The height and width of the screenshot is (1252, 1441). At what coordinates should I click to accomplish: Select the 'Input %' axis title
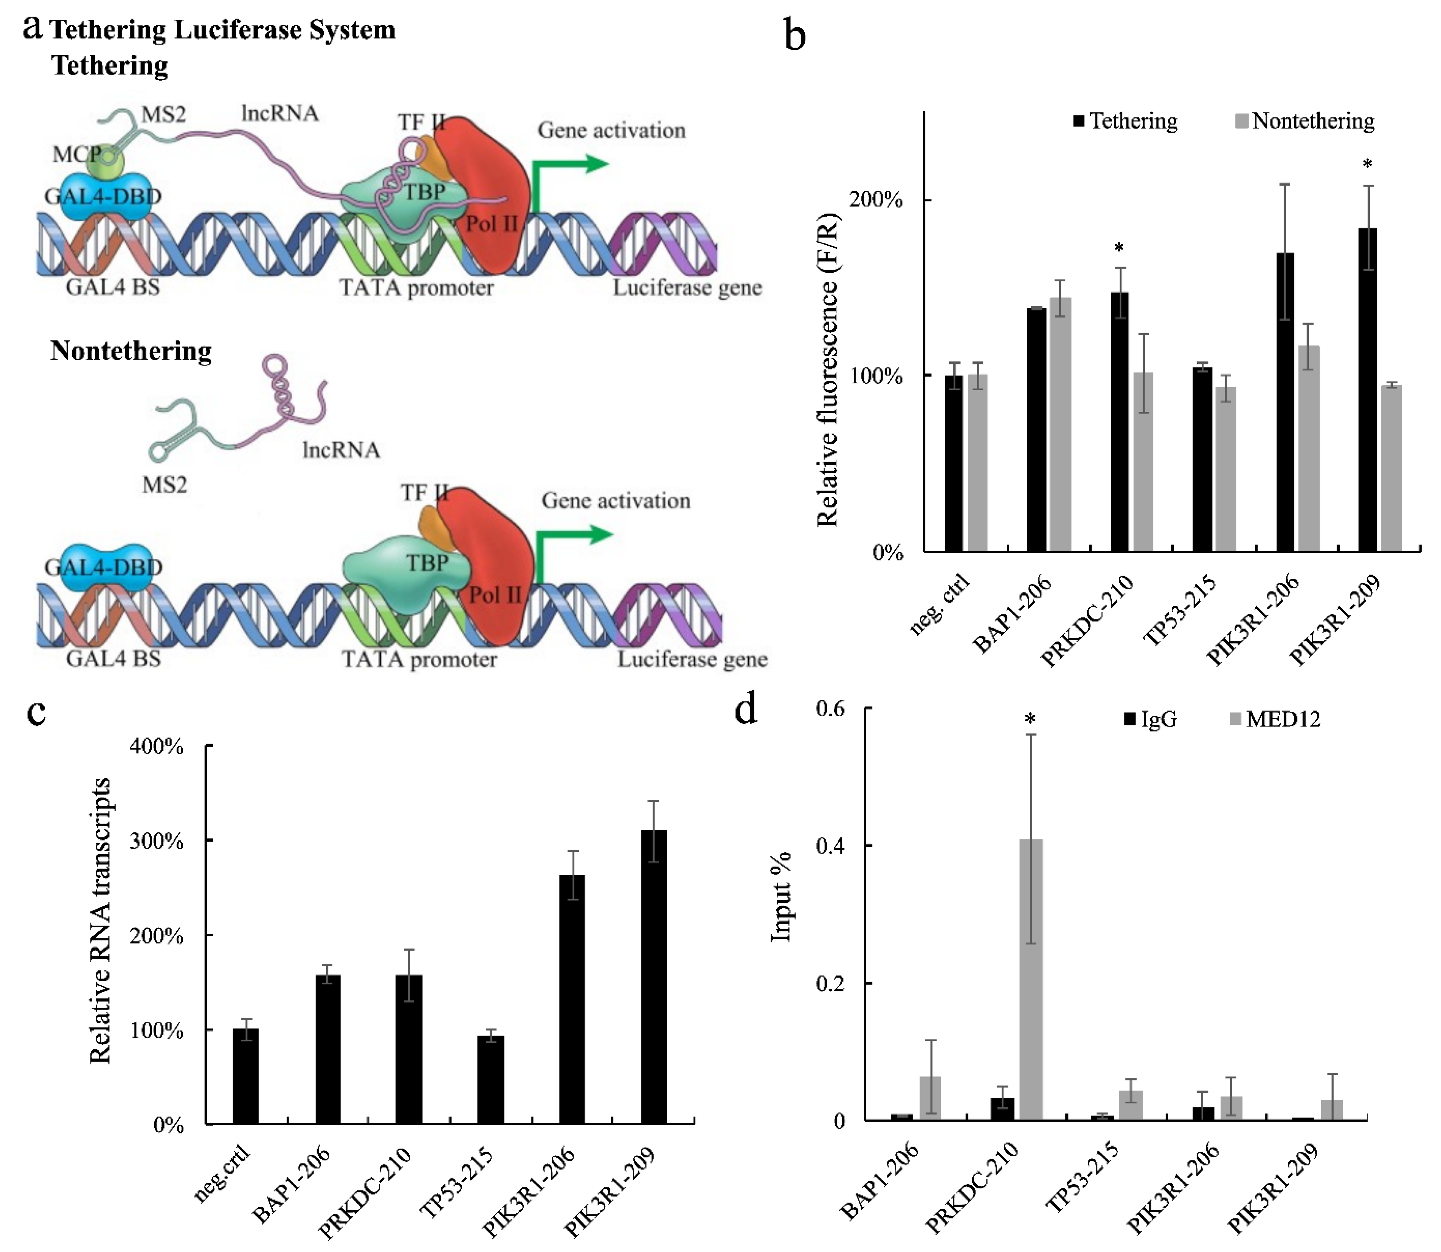click(781, 896)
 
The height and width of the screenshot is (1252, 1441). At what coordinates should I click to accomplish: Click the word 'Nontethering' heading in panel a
click(131, 351)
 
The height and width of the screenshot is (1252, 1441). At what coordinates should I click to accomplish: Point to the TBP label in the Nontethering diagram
click(427, 562)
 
